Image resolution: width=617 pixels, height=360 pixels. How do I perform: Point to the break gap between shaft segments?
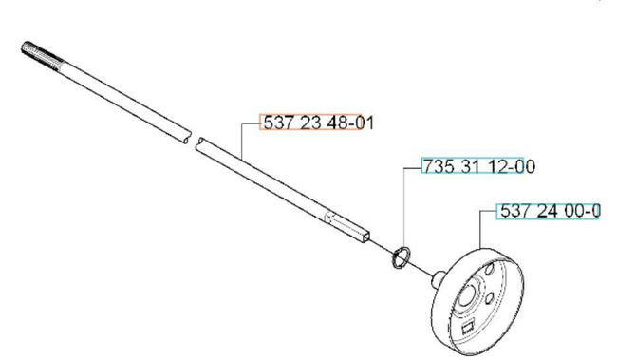click(x=194, y=141)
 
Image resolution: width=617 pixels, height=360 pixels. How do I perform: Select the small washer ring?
click(x=402, y=258)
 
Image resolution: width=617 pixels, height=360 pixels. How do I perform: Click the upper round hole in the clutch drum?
click(x=489, y=270)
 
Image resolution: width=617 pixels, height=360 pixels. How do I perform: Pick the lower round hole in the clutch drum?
click(x=491, y=298)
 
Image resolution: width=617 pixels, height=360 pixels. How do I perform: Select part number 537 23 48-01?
click(x=318, y=123)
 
